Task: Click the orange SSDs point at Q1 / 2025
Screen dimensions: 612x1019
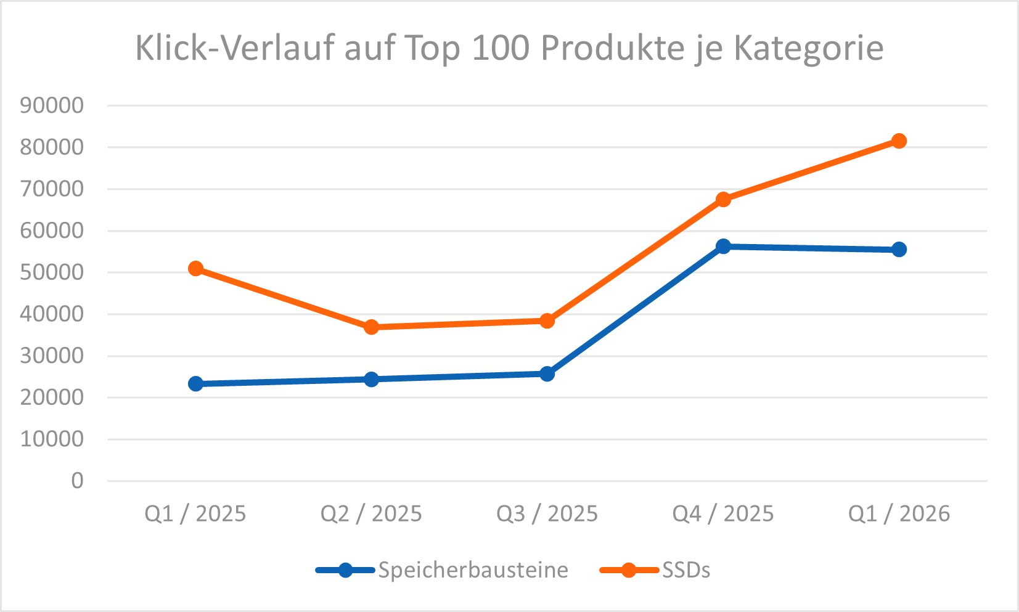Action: (195, 269)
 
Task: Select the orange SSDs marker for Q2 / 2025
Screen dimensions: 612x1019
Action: (371, 327)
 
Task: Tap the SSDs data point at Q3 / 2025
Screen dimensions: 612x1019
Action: (547, 320)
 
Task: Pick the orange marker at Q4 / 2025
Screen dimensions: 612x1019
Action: (723, 200)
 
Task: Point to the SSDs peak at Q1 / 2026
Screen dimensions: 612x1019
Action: (899, 141)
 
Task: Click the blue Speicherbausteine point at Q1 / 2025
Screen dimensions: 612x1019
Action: (195, 384)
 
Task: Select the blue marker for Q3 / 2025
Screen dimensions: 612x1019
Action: (547, 374)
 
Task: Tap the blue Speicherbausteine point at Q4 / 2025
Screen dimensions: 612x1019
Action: (723, 247)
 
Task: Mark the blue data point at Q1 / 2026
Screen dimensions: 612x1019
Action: (899, 250)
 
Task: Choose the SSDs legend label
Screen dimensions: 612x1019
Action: (685, 570)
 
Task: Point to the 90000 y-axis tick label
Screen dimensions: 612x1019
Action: (52, 105)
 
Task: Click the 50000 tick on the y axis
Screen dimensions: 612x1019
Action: (52, 272)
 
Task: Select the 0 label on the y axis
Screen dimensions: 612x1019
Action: (77, 481)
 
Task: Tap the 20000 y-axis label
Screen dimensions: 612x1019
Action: (52, 398)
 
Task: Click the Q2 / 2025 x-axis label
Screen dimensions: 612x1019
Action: (371, 513)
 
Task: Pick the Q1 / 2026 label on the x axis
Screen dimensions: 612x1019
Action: (899, 513)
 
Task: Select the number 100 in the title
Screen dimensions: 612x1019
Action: (501, 48)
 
